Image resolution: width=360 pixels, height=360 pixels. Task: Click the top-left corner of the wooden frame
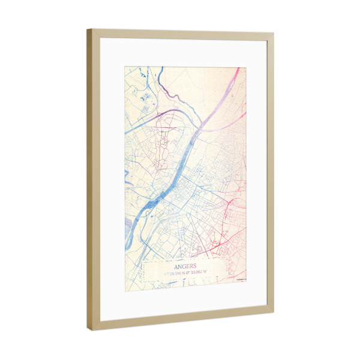88,29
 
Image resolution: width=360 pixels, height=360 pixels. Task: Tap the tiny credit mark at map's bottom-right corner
241,280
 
